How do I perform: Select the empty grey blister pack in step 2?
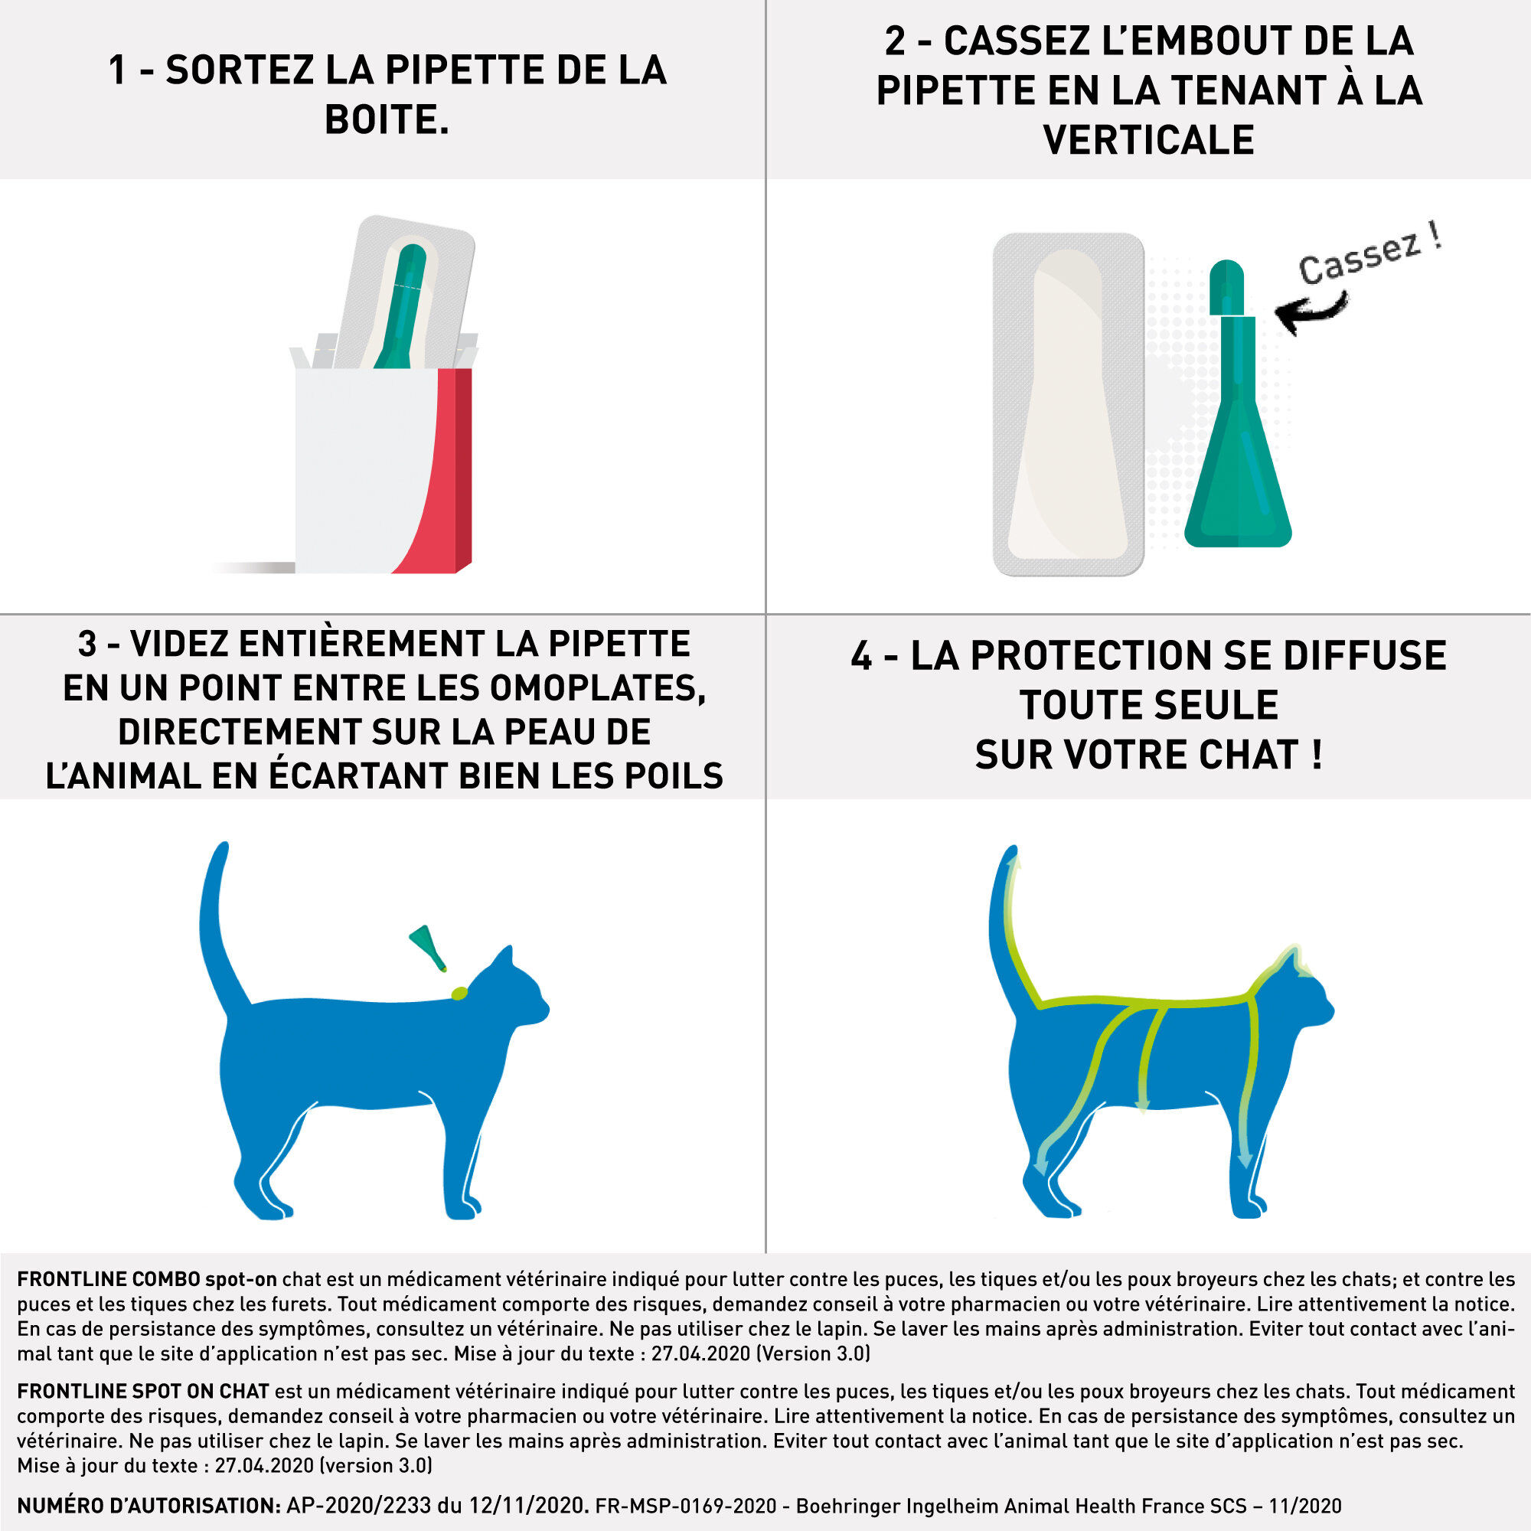pos(1067,404)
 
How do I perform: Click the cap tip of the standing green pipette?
pos(1226,273)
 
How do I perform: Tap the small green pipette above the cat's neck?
pos(427,945)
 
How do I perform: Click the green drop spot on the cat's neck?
pos(459,993)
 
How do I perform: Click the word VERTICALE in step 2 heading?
pos(1148,140)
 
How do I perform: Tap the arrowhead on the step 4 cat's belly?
pos(1142,1105)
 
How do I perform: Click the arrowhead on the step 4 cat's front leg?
pos(1245,1163)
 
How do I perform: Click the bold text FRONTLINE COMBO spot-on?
pos(147,1279)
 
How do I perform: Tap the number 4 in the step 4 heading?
pos(860,656)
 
